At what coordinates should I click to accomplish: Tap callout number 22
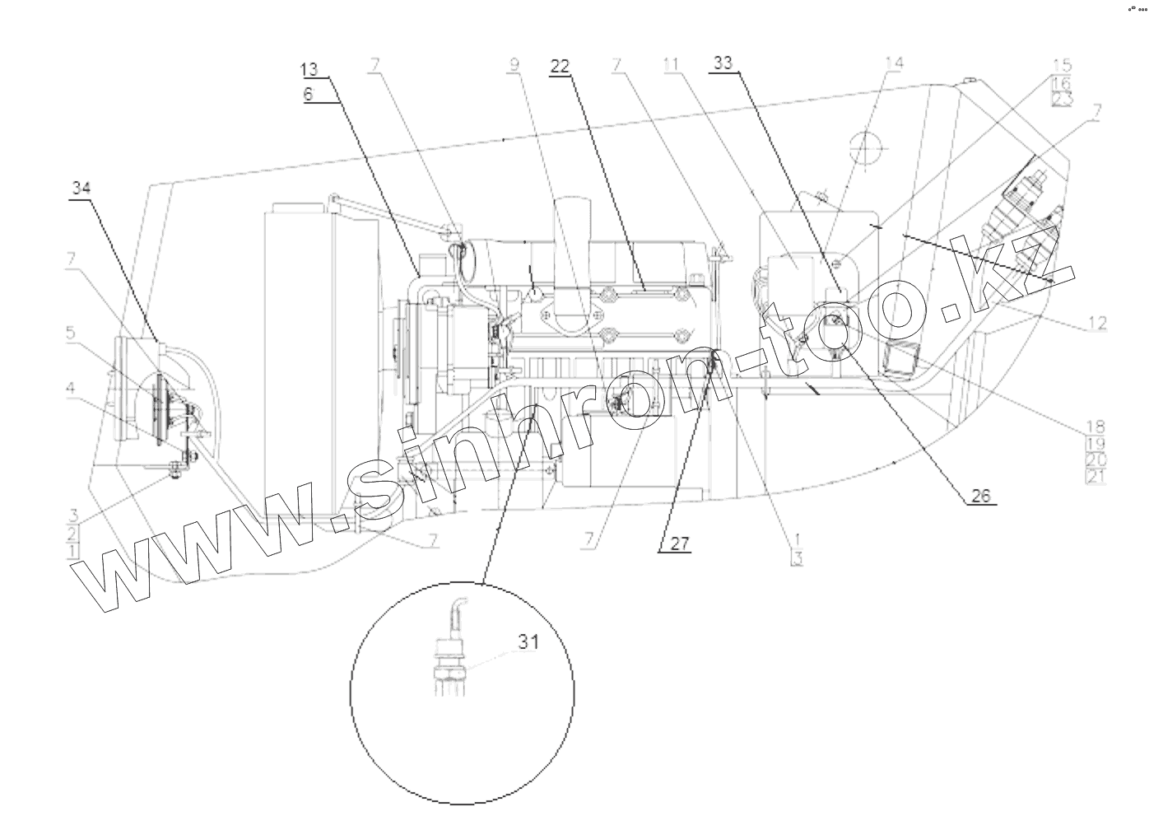560,68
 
